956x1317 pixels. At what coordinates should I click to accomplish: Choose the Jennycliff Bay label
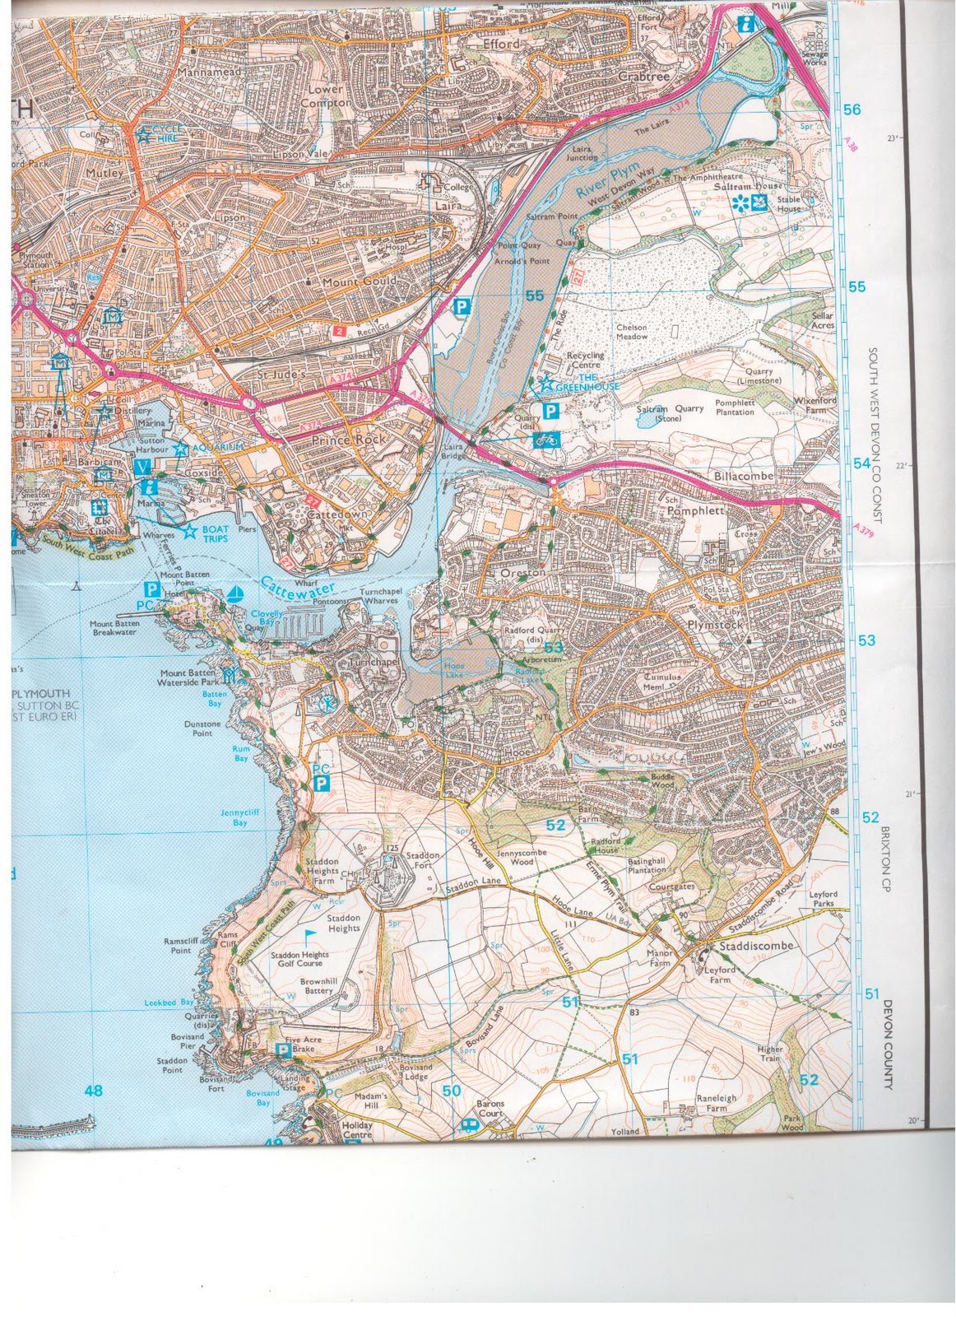point(239,817)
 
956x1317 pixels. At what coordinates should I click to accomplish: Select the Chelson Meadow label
point(632,333)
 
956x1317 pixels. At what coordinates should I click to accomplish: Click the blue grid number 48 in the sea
point(93,1091)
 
